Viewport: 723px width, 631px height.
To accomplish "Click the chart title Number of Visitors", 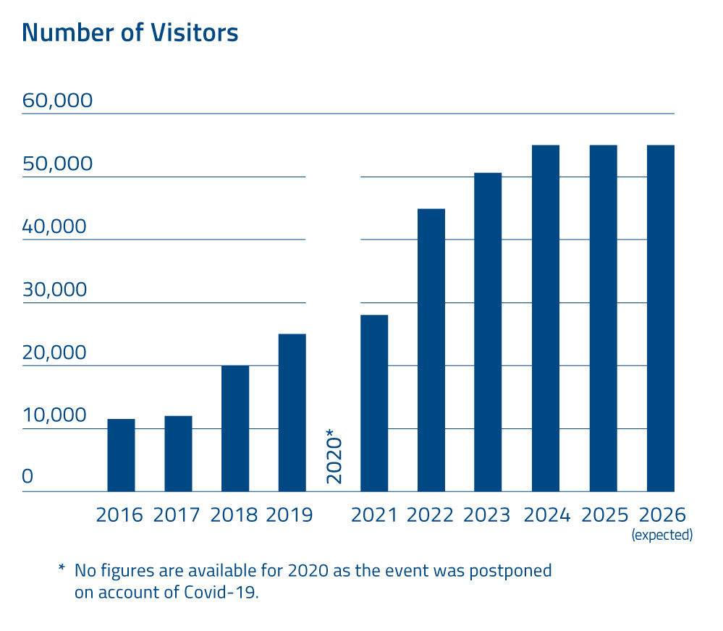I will (130, 33).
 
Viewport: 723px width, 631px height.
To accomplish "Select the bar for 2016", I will (121, 455).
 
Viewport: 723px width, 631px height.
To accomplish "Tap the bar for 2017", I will (178, 454).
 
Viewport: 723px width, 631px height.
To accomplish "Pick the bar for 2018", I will (235, 428).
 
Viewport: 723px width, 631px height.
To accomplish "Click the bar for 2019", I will (292, 412).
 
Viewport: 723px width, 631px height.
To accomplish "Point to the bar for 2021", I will (374, 403).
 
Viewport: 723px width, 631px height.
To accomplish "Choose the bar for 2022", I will (431, 350).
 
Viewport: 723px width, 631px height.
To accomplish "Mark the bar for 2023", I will (488, 332).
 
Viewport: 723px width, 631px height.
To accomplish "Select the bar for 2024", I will (546, 318).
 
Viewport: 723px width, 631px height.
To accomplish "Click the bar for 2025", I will (603, 318).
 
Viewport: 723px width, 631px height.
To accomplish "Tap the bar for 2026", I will (660, 318).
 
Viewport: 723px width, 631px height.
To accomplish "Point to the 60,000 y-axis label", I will (58, 100).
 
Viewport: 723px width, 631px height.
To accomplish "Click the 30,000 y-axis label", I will (55, 289).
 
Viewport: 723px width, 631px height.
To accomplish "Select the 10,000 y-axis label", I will (54, 415).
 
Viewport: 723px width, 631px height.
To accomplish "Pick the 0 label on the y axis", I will (28, 476).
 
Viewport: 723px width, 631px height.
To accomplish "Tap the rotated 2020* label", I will (334, 456).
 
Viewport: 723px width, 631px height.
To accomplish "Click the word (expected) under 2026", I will (662, 535).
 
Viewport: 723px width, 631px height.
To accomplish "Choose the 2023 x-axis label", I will (487, 515).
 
